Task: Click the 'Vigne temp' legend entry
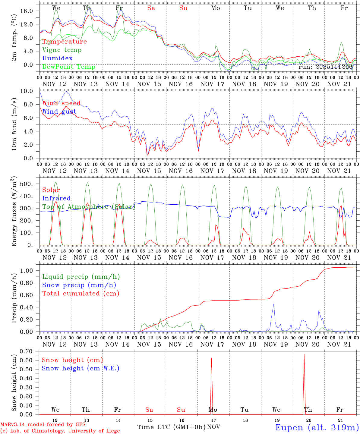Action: pyautogui.click(x=62, y=50)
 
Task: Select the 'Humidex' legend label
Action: pyautogui.click(x=57, y=58)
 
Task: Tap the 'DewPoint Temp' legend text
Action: pyautogui.click(x=69, y=67)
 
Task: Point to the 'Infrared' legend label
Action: pyautogui.click(x=56, y=198)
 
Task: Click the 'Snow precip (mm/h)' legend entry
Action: pyautogui.click(x=79, y=285)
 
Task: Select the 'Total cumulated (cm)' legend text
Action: pyautogui.click(x=81, y=294)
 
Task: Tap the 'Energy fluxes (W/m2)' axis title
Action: pyautogui.click(x=14, y=212)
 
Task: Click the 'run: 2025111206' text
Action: pyautogui.click(x=325, y=67)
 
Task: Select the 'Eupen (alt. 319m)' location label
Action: pyautogui.click(x=317, y=427)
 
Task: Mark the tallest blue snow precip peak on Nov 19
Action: pyautogui.click(x=273, y=303)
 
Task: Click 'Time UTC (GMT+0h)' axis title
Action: pyautogui.click(x=172, y=427)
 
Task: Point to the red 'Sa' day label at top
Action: pyautogui.click(x=151, y=8)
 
